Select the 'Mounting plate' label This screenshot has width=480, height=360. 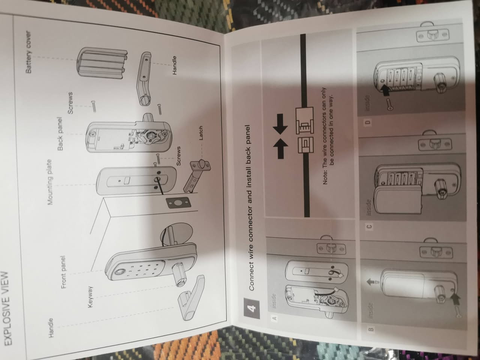click(x=50, y=182)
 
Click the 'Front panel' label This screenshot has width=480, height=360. click(x=64, y=272)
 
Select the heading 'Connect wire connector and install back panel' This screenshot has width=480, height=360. click(x=249, y=208)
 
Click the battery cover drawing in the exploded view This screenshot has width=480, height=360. click(x=102, y=66)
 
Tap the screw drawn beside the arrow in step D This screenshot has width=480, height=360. click(x=389, y=104)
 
